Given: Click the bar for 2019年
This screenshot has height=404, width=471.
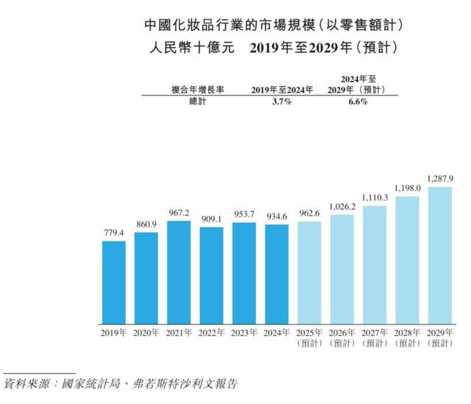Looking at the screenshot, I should (x=113, y=283).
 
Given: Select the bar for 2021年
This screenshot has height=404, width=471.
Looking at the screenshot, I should (x=179, y=272).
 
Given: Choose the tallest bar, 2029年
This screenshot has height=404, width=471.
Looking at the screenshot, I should (x=439, y=255).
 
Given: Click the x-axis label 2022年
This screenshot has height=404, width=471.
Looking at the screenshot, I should (x=211, y=333).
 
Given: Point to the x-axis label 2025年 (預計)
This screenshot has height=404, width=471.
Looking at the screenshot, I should (x=309, y=338).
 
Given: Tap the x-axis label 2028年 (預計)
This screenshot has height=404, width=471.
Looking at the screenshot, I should (x=407, y=338).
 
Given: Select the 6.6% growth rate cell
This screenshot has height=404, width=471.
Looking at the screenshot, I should (x=354, y=102).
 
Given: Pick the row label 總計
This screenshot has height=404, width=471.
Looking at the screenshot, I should (x=199, y=102).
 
